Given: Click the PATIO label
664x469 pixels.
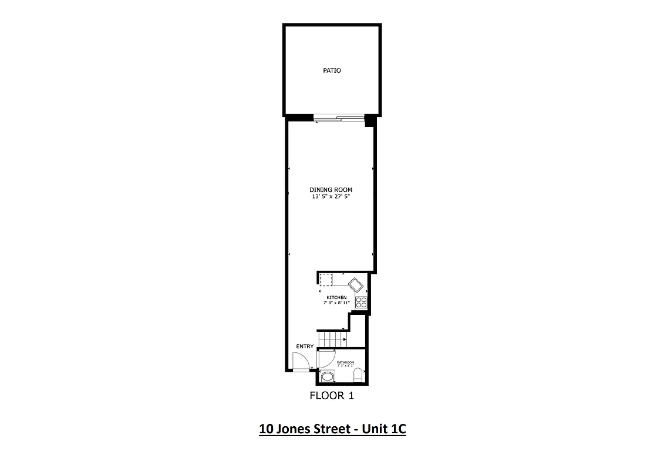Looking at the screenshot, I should (x=332, y=70).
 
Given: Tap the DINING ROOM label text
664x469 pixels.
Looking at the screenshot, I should (x=331, y=189).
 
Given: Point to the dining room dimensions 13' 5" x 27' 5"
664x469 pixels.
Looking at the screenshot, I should (x=331, y=196).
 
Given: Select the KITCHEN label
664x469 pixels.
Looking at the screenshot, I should (x=336, y=298).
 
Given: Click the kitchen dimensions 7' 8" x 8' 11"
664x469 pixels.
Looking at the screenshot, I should (x=336, y=304).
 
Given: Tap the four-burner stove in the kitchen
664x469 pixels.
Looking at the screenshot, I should (x=361, y=303).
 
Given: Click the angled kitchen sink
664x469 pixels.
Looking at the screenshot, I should (x=356, y=286).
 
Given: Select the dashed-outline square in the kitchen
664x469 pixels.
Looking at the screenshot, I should (x=326, y=280).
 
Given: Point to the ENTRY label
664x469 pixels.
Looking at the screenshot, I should (x=305, y=346).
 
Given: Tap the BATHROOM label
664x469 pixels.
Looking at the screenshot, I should (x=345, y=362).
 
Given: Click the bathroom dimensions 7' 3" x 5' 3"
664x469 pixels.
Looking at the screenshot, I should (x=345, y=366).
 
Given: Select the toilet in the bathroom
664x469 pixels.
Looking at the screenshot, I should (x=358, y=376).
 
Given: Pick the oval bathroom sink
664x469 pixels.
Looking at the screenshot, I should (x=328, y=376).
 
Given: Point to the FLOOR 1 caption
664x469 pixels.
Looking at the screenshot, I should (x=332, y=396).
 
